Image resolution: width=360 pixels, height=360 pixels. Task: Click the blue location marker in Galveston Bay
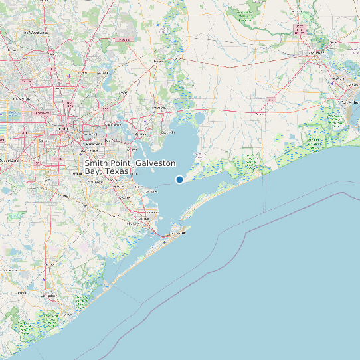pos(179,179)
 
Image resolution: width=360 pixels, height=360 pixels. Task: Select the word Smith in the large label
pos(96,163)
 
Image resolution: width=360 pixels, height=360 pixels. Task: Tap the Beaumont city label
pos(314,52)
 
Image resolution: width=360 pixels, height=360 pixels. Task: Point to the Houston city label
pos(63,128)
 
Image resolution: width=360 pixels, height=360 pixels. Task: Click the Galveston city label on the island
pos(177,233)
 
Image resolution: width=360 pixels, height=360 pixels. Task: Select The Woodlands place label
pos(35,32)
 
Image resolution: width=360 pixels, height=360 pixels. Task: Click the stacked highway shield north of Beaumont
pos(298,29)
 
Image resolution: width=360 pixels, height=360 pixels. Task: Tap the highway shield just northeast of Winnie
pos(270,99)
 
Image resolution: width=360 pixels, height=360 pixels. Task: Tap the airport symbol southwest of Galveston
pos(164,243)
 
